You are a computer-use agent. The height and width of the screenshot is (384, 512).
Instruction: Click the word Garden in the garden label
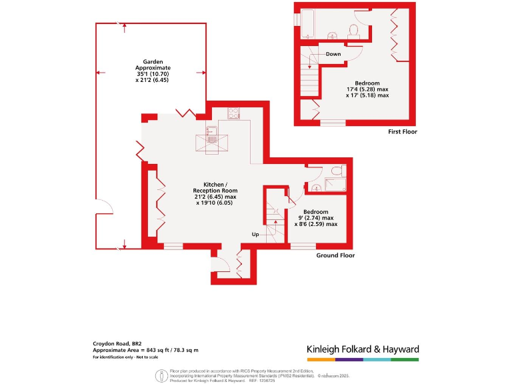tap(149, 61)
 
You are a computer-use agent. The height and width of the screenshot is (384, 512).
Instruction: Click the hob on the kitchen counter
tap(233, 113)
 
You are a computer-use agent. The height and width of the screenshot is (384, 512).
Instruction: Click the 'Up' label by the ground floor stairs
tap(255, 235)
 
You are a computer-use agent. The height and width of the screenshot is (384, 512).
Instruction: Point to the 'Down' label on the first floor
tap(334, 54)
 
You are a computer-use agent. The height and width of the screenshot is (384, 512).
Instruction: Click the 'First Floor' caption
tap(403, 132)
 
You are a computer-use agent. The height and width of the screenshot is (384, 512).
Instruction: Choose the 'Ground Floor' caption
tap(335, 255)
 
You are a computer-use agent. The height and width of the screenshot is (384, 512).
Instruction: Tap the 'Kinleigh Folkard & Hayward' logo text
tap(363, 349)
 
